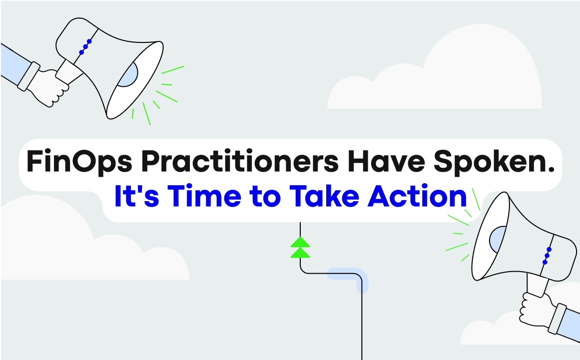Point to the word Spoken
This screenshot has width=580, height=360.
pyautogui.click(x=494, y=161)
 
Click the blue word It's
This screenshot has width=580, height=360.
pyautogui.click(x=137, y=196)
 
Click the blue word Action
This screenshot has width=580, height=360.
pyautogui.click(x=417, y=196)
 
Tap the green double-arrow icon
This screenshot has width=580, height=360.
pyautogui.click(x=300, y=247)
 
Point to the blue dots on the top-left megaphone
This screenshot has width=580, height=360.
pyautogui.click(x=85, y=47)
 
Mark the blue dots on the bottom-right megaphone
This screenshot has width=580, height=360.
pyautogui.click(x=547, y=256)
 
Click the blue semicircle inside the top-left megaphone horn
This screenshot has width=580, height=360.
pyautogui.click(x=129, y=76)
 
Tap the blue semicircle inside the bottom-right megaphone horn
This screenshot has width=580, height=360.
pyautogui.click(x=497, y=240)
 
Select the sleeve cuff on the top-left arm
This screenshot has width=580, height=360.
pyautogui.click(x=29, y=76)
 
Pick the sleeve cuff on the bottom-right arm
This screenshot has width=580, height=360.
pyautogui.click(x=557, y=319)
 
